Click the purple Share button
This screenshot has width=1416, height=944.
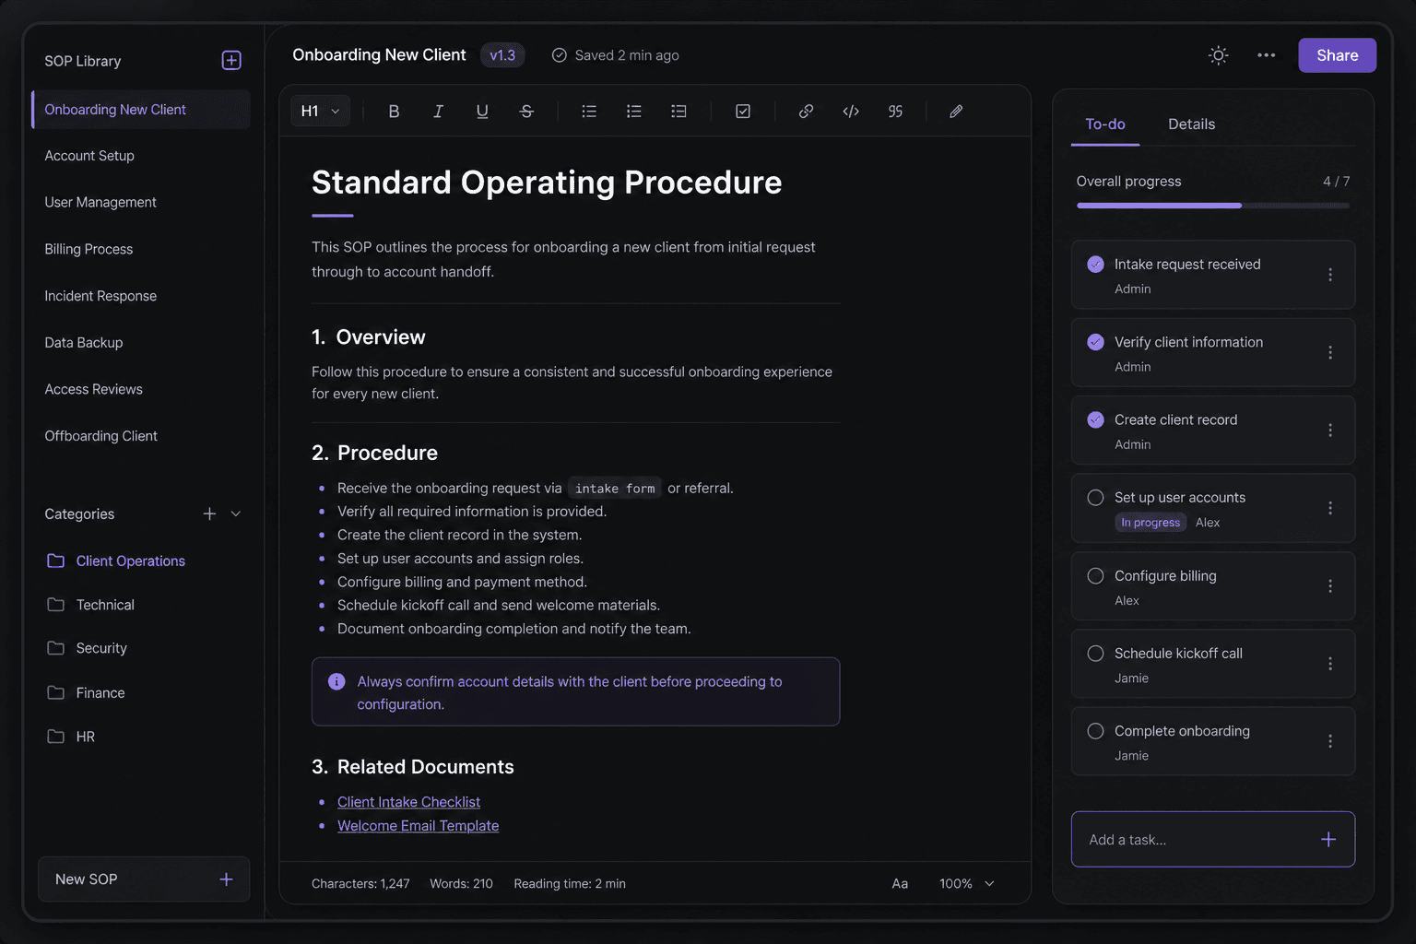(x=1337, y=55)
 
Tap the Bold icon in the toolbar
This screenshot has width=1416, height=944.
(x=394, y=112)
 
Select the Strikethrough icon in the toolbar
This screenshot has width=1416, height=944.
(x=526, y=112)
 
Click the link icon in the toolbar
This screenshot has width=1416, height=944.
(x=806, y=112)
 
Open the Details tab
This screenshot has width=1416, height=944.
(x=1191, y=124)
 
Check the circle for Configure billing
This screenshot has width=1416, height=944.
(x=1095, y=576)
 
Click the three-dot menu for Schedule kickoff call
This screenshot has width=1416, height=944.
(x=1330, y=663)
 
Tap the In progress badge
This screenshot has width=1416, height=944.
(x=1150, y=523)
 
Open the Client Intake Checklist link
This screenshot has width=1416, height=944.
(x=408, y=802)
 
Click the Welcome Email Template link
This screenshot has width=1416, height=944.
(x=418, y=826)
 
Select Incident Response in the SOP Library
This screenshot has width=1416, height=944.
(x=100, y=296)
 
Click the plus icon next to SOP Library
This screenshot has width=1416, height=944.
(x=231, y=60)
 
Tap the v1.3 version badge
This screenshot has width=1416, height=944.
(x=502, y=55)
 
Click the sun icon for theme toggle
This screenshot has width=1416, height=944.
(x=1218, y=55)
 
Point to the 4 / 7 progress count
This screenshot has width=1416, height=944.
(x=1336, y=182)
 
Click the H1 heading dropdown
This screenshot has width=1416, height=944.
(x=320, y=112)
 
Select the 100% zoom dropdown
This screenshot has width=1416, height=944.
(x=966, y=883)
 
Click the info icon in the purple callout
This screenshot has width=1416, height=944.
(x=336, y=681)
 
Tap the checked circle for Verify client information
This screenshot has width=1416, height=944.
(x=1095, y=342)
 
